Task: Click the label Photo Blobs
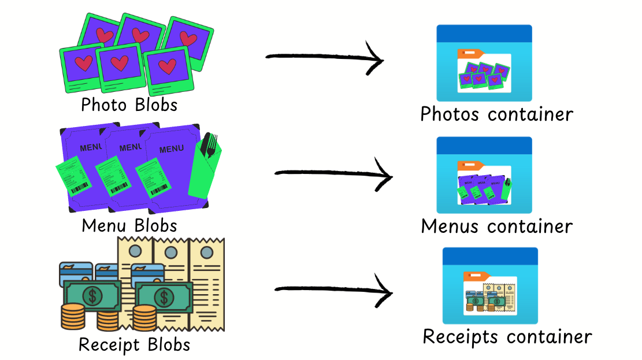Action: point(129,105)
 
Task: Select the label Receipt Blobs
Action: point(134,345)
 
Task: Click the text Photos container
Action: point(496,114)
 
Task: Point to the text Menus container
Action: point(496,226)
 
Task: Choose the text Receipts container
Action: point(507,336)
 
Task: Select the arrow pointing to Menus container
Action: point(332,173)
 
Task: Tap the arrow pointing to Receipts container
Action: point(332,291)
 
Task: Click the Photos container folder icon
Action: point(484,63)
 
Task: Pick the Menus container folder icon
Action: point(484,175)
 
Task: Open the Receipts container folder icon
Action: point(490,285)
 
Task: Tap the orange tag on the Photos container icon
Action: point(470,53)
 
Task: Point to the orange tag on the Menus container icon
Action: point(470,165)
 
